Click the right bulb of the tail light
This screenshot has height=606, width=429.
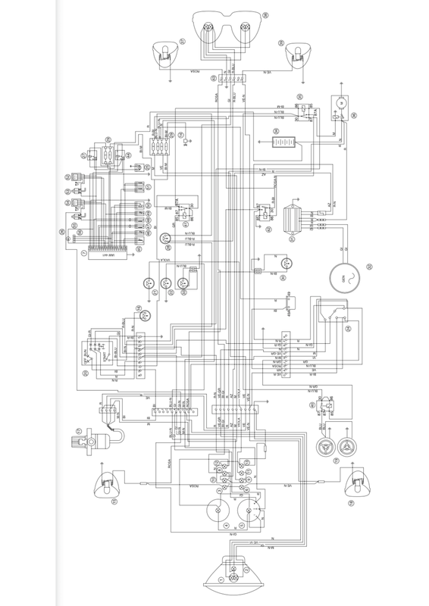244,27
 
